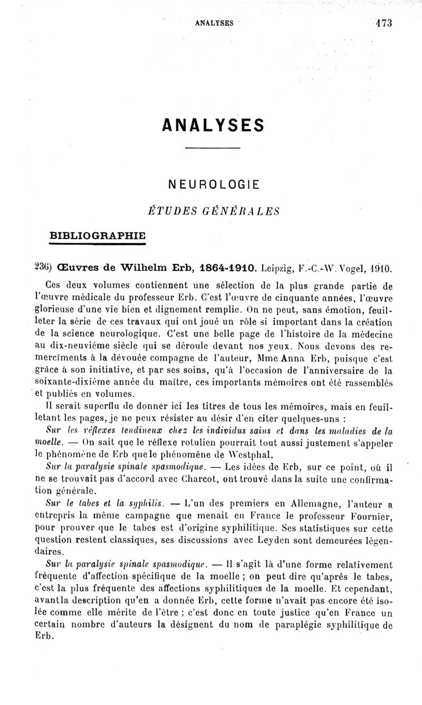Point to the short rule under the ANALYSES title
click(213, 147)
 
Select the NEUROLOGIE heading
click(213, 185)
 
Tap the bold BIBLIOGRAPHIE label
click(98, 234)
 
